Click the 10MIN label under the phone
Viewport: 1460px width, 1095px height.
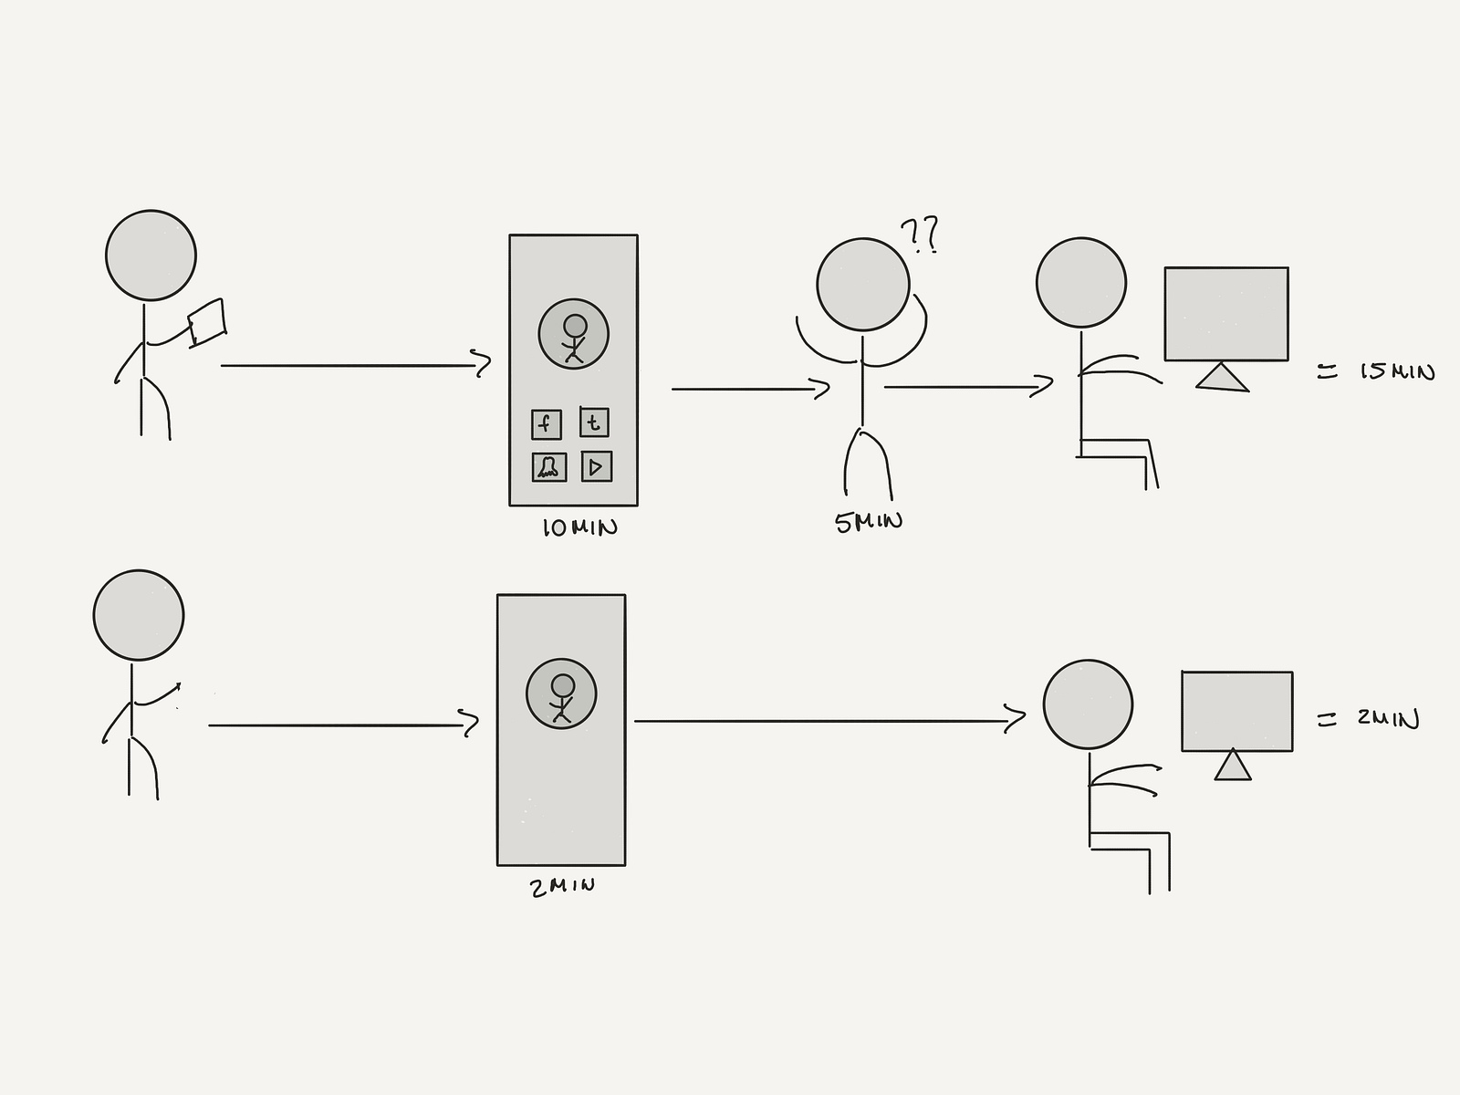coord(579,527)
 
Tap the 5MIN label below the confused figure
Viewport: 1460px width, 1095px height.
coord(869,522)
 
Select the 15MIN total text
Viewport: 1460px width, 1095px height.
coord(1396,371)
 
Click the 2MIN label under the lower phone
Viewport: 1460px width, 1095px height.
coord(562,886)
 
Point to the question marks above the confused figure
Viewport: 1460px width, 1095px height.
coord(919,235)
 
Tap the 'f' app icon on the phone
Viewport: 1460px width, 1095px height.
coord(546,423)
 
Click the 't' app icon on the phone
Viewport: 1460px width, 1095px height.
coord(594,422)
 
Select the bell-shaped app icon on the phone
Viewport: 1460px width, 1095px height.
coord(548,467)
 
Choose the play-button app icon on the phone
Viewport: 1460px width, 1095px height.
coord(596,467)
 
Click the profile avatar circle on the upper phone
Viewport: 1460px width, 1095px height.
coord(573,334)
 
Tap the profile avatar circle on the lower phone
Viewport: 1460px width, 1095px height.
coord(561,693)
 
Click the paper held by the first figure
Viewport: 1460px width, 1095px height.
coord(207,322)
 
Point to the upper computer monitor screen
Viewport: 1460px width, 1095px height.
coord(1225,313)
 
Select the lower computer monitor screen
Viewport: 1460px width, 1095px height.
coord(1236,711)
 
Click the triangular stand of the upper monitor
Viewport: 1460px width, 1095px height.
coord(1222,378)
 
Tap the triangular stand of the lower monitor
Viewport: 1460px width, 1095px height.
coord(1233,766)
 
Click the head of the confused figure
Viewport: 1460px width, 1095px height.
coord(862,284)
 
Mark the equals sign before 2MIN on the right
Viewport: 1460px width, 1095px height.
coord(1327,720)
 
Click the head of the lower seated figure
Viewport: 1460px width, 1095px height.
coord(1088,705)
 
